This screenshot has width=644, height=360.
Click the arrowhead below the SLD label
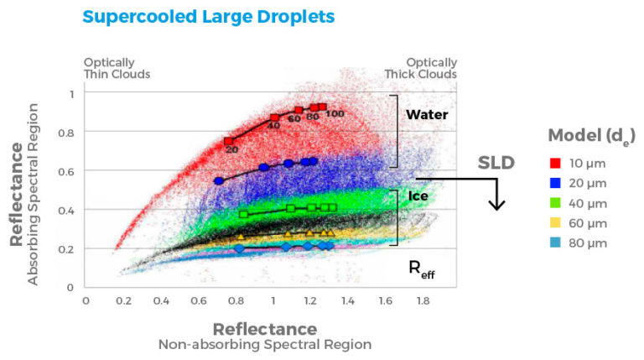(497, 204)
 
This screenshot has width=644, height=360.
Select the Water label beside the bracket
(428, 114)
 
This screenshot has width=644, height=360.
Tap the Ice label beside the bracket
(418, 196)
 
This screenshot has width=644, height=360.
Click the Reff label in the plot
(420, 269)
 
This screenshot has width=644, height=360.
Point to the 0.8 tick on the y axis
(68, 133)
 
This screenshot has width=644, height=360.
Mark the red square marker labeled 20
(229, 141)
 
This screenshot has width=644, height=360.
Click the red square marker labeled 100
(322, 107)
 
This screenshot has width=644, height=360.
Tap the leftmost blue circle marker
(219, 180)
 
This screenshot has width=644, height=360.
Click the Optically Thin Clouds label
(117, 68)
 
